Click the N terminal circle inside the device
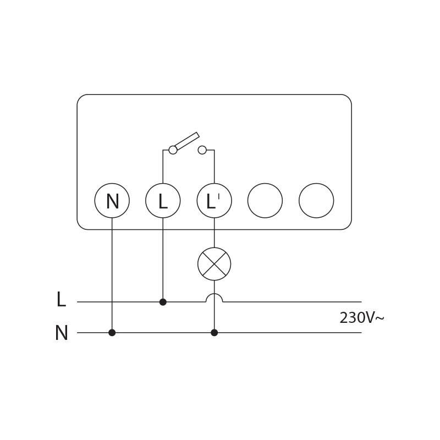click(112, 201)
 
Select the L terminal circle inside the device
click(163, 201)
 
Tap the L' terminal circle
click(215, 201)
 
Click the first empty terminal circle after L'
click(265, 201)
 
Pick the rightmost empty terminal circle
click(316, 201)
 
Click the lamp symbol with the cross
click(215, 264)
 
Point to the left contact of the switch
click(173, 150)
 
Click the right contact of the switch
click(202, 150)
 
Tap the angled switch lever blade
click(187, 141)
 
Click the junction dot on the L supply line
click(163, 302)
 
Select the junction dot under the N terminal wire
click(112, 333)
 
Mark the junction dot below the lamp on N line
click(215, 333)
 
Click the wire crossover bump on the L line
click(215, 297)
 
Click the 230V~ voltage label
click(361, 318)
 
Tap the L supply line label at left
click(61, 300)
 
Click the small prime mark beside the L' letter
click(219, 196)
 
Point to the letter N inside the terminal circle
click(112, 202)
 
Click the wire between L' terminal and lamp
click(215, 233)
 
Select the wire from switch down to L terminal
click(163, 167)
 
